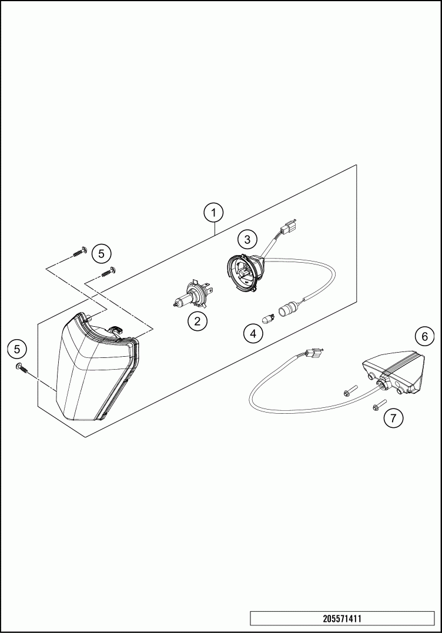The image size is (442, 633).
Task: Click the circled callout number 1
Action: tap(214, 212)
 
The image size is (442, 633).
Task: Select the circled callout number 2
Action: tap(196, 321)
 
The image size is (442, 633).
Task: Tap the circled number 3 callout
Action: tap(247, 239)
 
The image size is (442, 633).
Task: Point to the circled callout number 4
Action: tap(253, 334)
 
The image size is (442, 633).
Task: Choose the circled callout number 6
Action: tap(423, 336)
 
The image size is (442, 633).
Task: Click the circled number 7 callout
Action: tap(393, 418)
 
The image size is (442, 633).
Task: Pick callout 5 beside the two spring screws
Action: tap(101, 253)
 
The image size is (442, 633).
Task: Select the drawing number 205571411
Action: tap(342, 619)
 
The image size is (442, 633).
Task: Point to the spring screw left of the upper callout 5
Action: tap(79, 253)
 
